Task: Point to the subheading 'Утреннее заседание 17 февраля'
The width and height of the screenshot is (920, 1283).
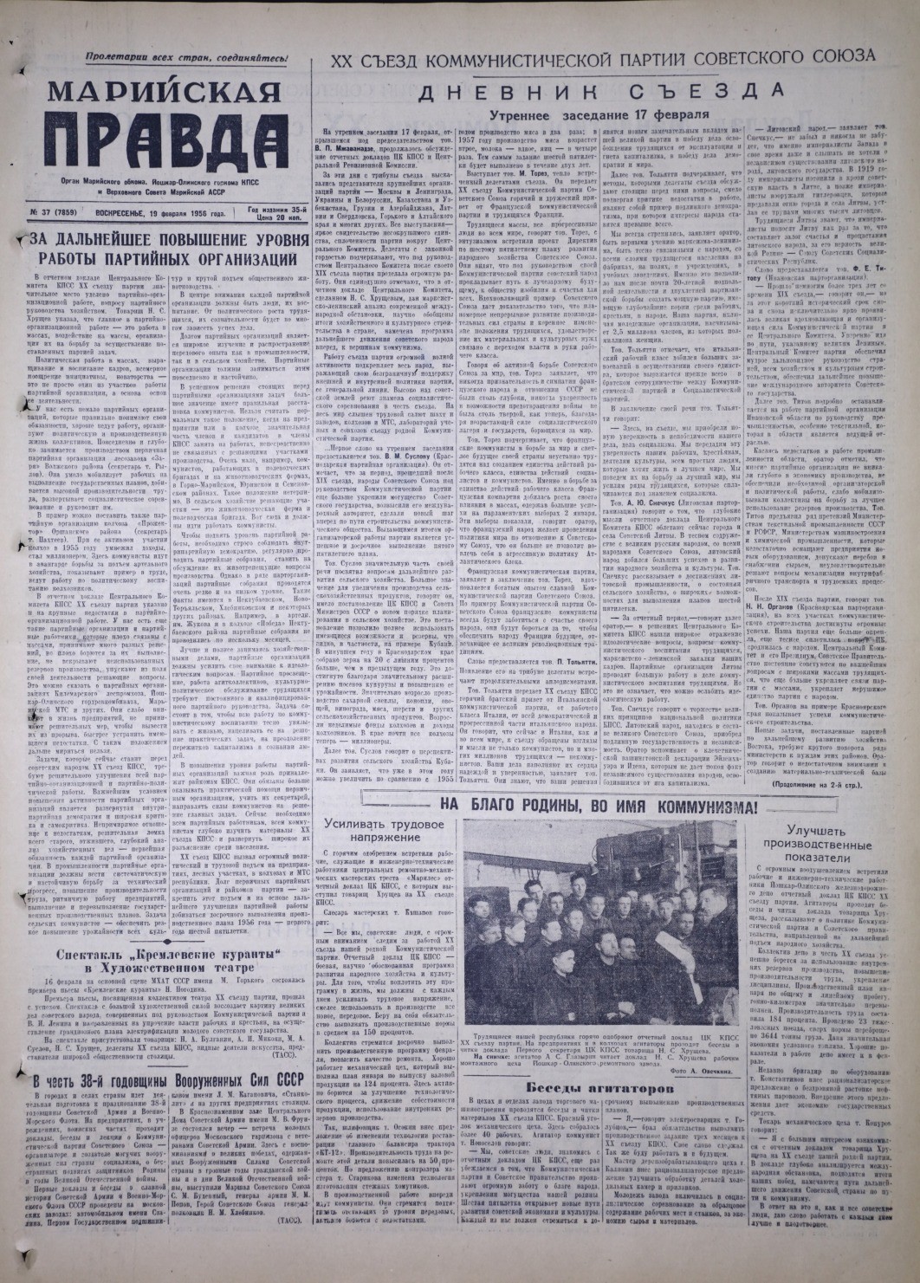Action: [x=598, y=114]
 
